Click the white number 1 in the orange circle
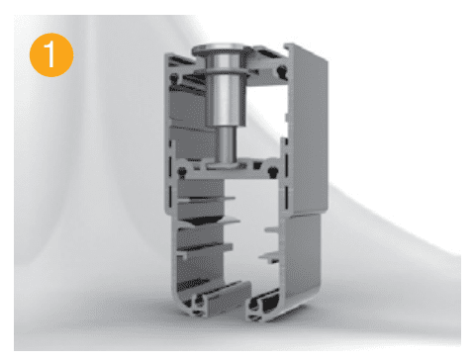[50, 54]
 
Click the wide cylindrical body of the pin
[226, 99]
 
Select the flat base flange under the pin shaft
[226, 166]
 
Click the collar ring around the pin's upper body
[225, 72]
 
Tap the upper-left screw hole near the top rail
[174, 78]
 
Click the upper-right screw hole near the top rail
[281, 70]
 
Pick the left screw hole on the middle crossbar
[181, 171]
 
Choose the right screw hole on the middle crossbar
[272, 171]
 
